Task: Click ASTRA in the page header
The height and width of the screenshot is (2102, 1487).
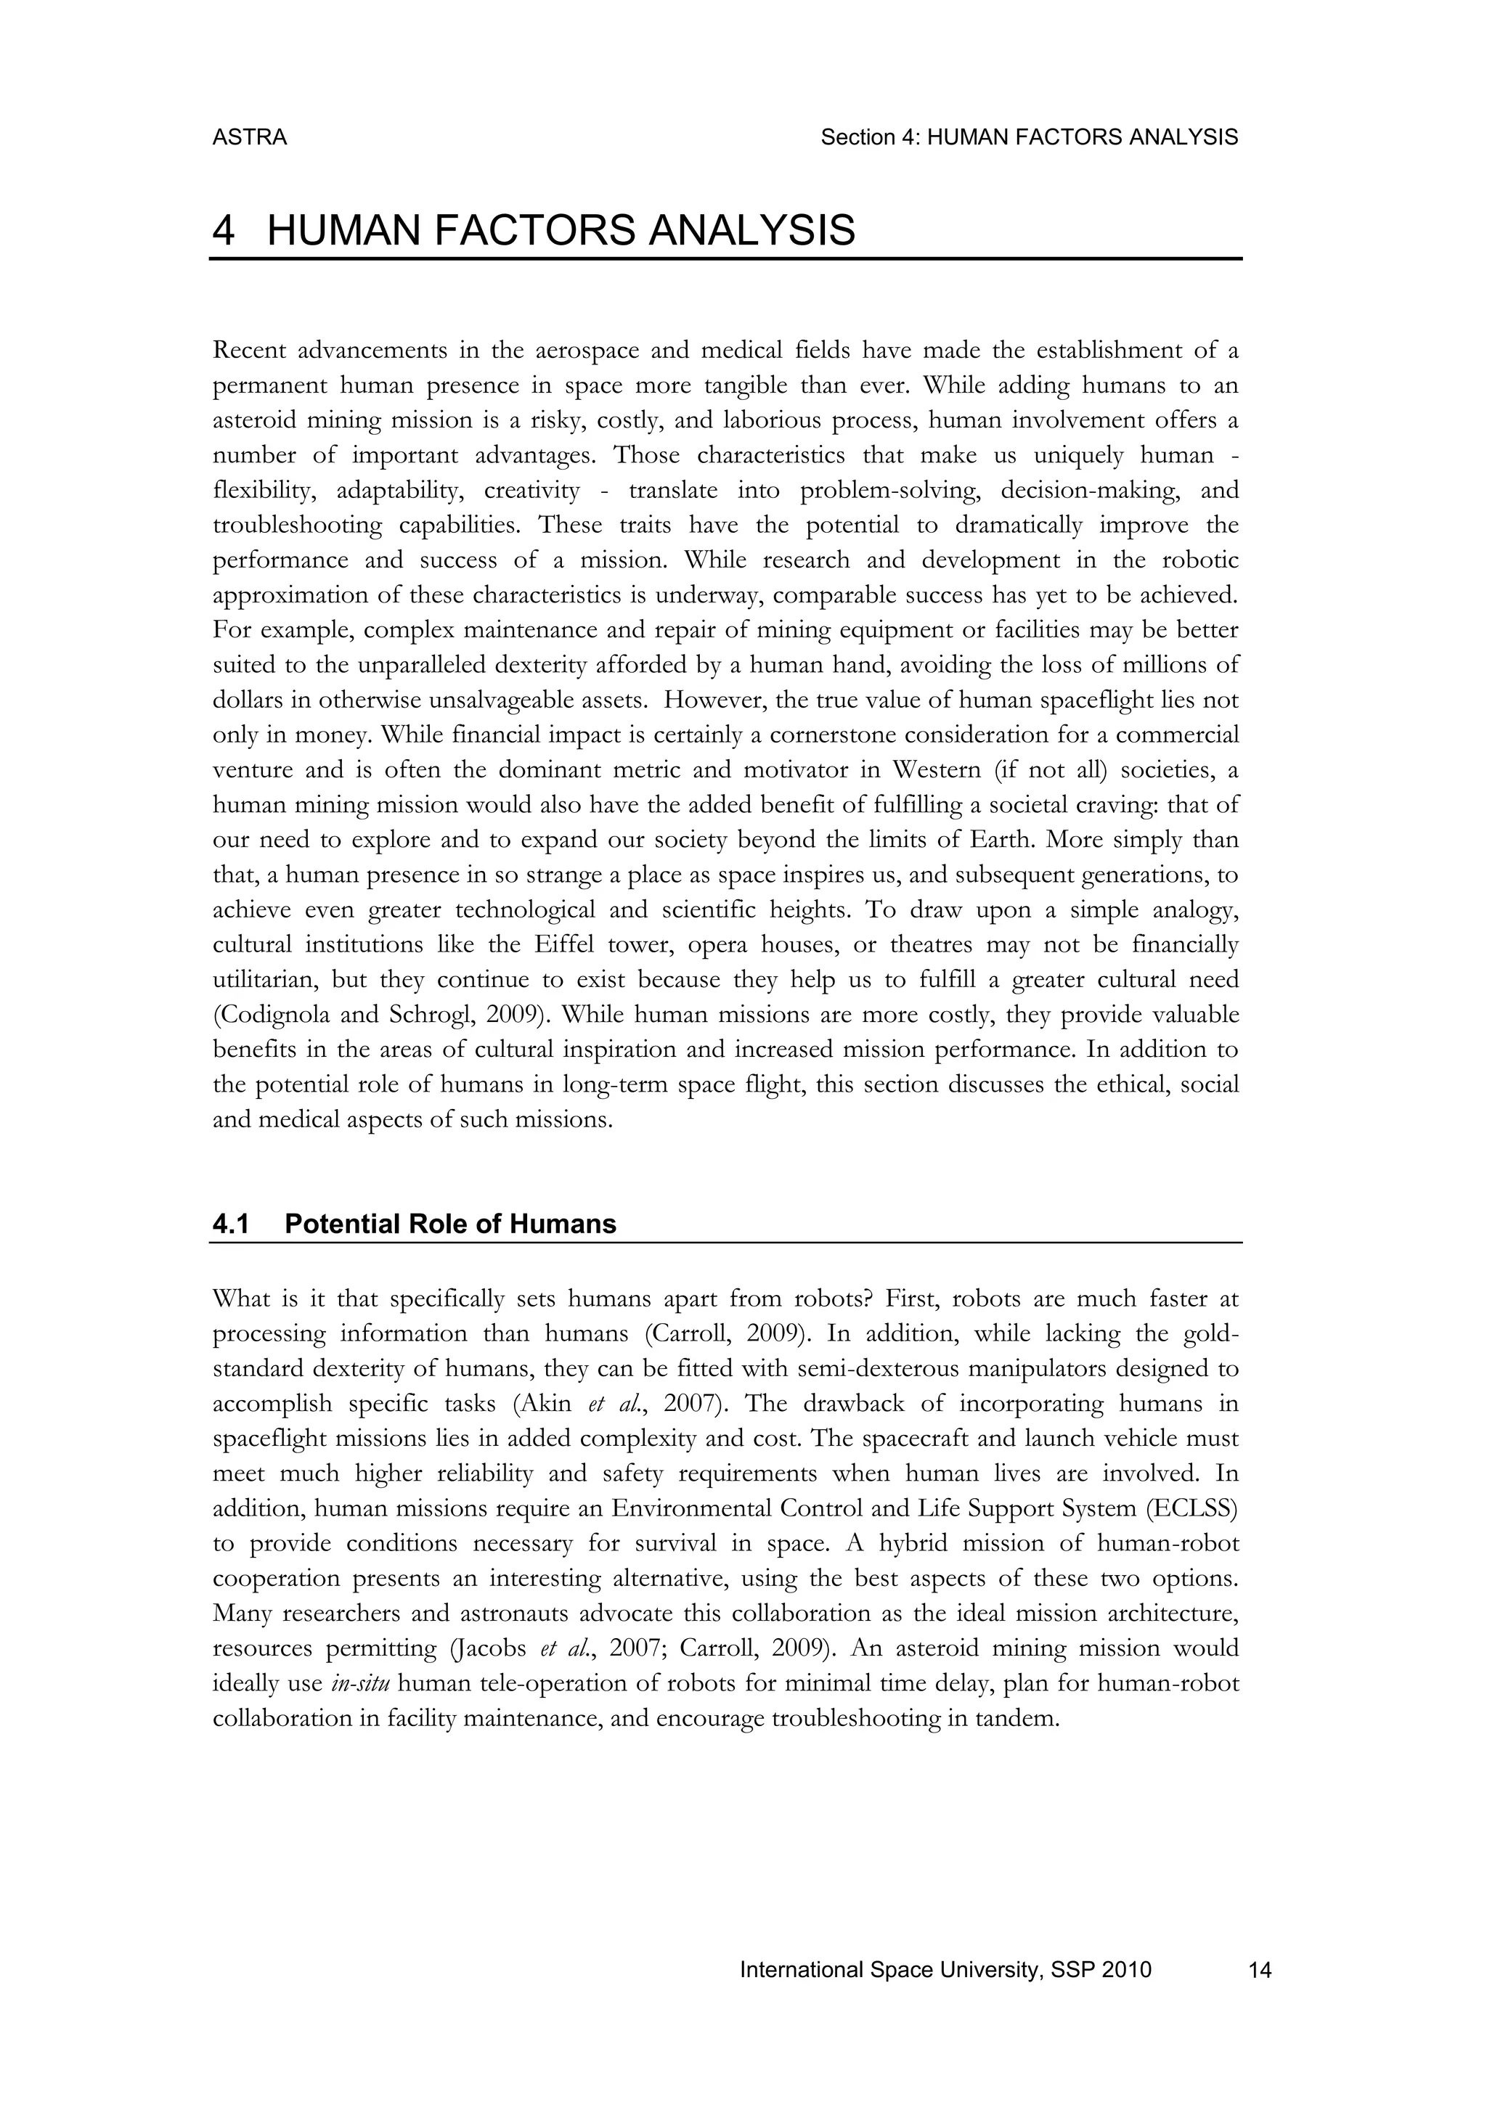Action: [x=249, y=137]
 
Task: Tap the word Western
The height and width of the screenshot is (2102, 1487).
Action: [x=933, y=770]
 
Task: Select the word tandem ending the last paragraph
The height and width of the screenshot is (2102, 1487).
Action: [x=1023, y=1719]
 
